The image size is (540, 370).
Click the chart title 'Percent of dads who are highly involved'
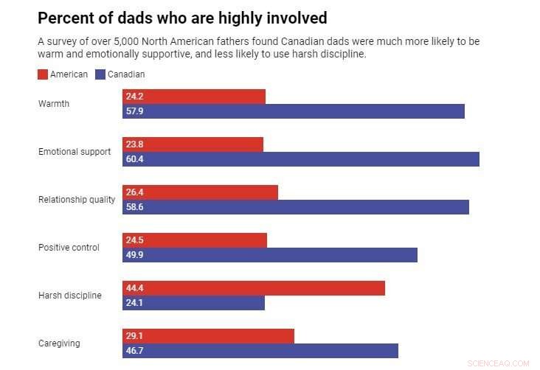(x=182, y=18)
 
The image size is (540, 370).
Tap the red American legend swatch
(x=43, y=74)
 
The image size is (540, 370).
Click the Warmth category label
(x=54, y=104)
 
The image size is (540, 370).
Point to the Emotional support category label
(x=75, y=152)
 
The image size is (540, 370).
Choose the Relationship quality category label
(x=77, y=200)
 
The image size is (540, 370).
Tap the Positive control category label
(x=69, y=248)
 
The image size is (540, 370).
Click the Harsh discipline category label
(x=69, y=296)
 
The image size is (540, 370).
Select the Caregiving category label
(x=59, y=343)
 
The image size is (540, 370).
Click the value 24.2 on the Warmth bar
(x=134, y=97)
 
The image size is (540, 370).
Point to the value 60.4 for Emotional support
(x=134, y=159)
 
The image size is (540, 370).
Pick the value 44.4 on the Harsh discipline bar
(x=134, y=288)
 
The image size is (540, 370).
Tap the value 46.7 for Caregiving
(x=134, y=351)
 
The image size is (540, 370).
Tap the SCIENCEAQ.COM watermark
(x=499, y=363)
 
